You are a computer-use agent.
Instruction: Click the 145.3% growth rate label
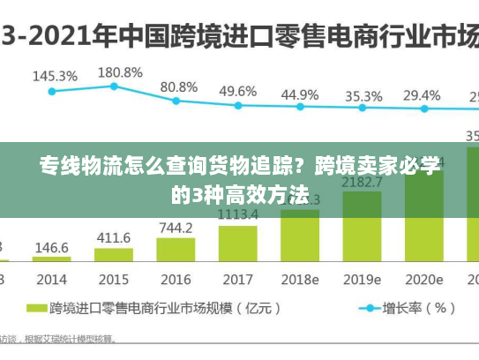click(55, 76)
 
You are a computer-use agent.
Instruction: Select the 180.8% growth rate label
click(120, 71)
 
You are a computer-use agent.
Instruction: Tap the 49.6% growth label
click(238, 91)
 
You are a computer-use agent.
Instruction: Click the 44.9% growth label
click(300, 94)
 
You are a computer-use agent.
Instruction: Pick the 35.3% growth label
click(363, 96)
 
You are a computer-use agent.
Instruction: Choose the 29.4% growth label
click(422, 95)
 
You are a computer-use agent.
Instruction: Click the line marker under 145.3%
click(52, 91)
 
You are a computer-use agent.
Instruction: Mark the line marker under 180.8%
click(114, 86)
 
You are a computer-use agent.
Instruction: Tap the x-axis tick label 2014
click(52, 279)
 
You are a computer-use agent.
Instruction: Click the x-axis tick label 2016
click(176, 279)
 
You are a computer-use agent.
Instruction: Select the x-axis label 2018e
click(300, 279)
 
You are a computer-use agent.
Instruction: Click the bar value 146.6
click(52, 248)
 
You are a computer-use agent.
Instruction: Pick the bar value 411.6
click(114, 238)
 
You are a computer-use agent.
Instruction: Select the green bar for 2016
click(176, 249)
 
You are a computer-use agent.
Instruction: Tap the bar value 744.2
click(176, 228)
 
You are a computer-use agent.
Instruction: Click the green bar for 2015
click(114, 255)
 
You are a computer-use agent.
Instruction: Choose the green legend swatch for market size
click(35, 309)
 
